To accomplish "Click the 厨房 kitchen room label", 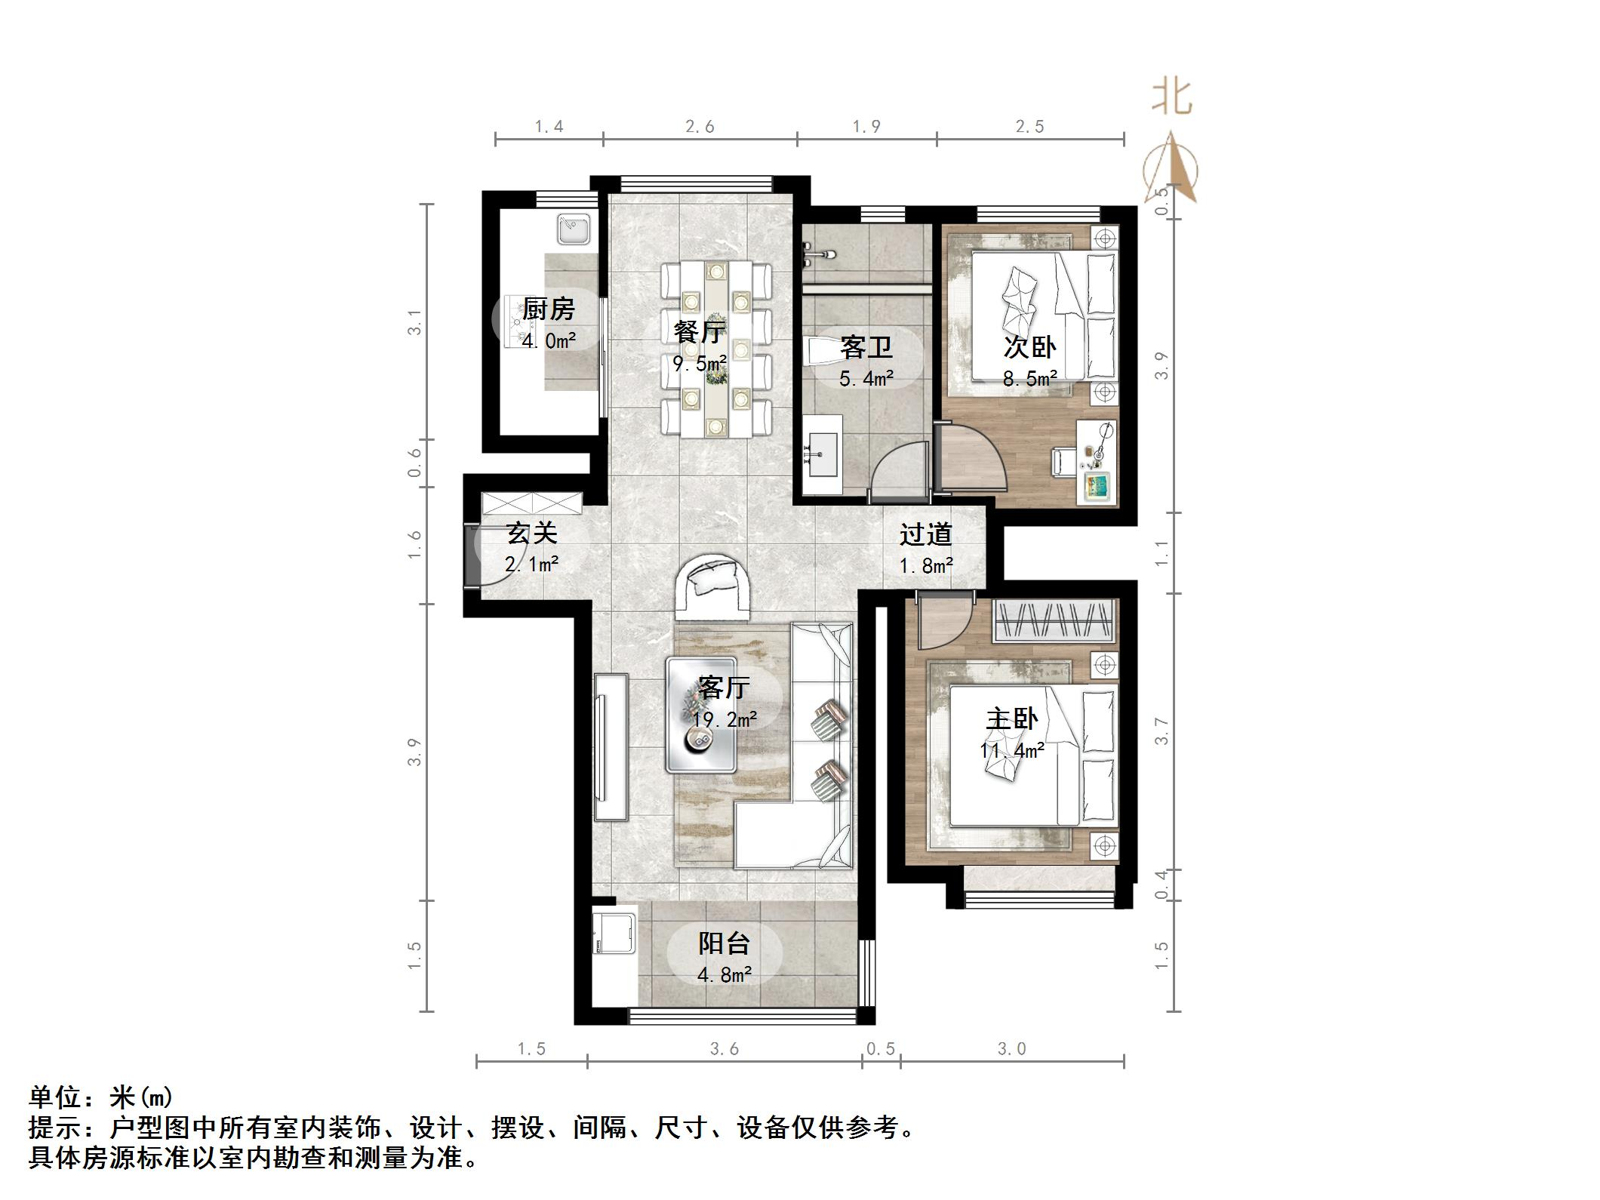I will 549,309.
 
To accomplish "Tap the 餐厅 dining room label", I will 700,331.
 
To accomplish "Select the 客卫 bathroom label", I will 866,348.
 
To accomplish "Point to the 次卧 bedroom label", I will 1029,347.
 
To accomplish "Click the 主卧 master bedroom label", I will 1012,718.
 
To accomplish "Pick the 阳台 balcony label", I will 724,943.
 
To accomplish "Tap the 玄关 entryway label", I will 531,534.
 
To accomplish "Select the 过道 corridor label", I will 925,535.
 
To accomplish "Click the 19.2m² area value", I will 725,720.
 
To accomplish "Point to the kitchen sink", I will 574,229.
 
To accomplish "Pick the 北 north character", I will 1171,98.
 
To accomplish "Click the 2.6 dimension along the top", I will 700,127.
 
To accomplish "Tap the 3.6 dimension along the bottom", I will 724,1049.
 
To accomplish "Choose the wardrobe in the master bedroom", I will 1054,620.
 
